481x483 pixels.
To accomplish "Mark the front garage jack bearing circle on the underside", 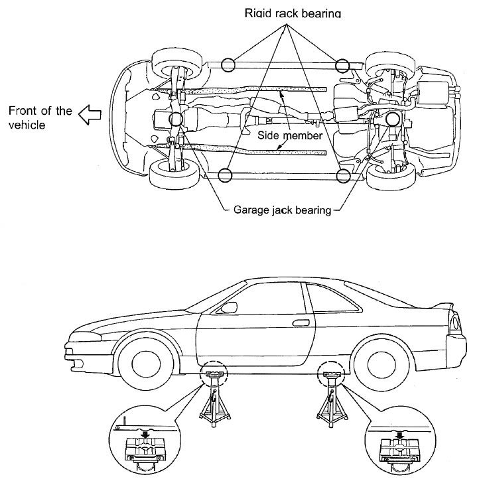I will [176, 119].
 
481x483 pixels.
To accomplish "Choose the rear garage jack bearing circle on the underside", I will [391, 119].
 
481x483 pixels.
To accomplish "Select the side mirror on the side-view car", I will [229, 307].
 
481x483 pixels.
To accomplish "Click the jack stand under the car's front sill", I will [214, 397].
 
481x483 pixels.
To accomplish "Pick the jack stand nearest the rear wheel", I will [330, 397].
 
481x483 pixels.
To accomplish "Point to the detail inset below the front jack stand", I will [142, 450].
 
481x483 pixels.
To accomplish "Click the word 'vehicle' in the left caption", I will [25, 125].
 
